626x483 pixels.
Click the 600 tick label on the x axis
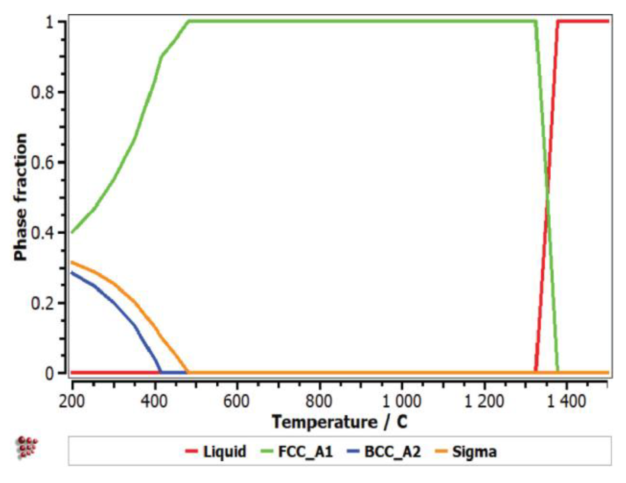coord(236,401)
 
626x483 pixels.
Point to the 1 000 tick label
coord(401,401)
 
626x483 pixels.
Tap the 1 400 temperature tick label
coord(567,401)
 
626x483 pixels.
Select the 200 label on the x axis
coord(72,401)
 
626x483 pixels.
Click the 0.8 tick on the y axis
coord(42,92)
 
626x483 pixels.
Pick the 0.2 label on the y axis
coord(42,303)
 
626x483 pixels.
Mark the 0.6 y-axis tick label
coord(42,162)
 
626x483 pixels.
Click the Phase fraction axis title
coord(20,197)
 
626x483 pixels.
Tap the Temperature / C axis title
coord(340,422)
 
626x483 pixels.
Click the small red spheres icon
coord(27,447)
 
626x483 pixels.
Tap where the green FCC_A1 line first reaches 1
coord(189,21)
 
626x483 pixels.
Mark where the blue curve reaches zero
coord(160,372)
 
